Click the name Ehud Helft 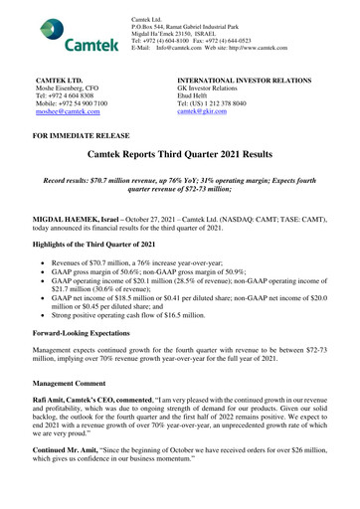point(194,94)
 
